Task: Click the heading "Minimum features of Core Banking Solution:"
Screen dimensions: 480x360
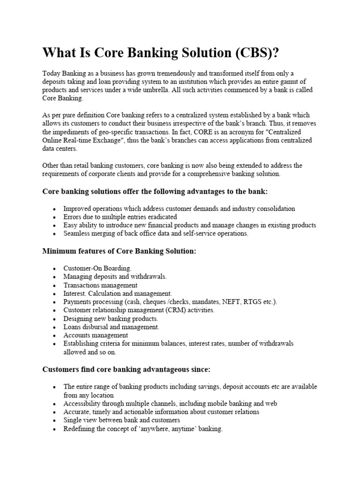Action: pos(119,251)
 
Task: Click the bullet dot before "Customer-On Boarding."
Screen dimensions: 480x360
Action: pos(55,269)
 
